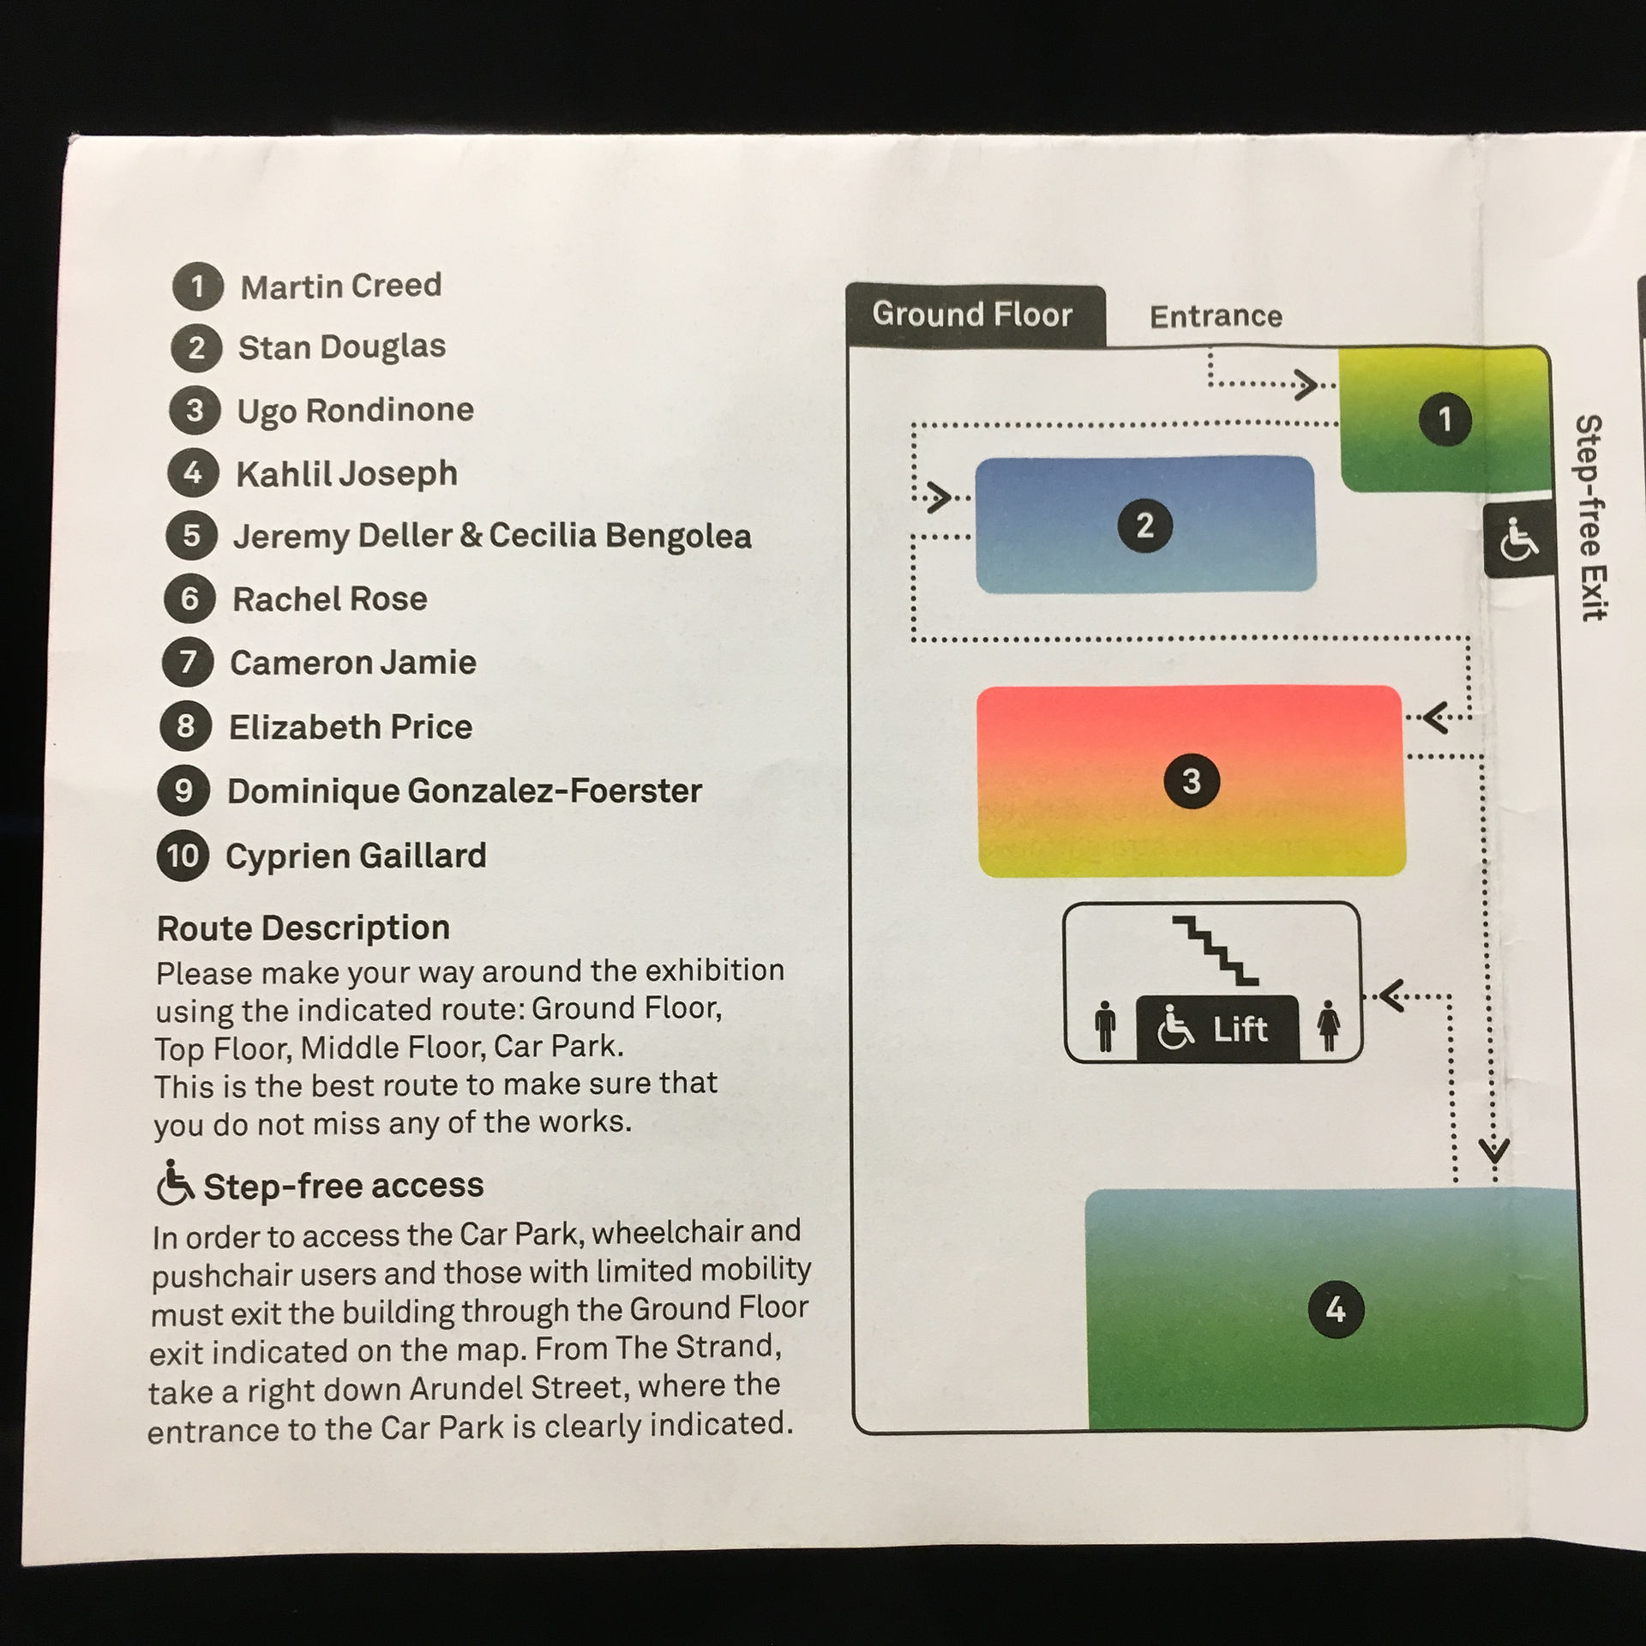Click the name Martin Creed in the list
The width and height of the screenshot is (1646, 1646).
[341, 285]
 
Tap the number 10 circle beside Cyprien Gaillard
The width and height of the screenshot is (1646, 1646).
[183, 856]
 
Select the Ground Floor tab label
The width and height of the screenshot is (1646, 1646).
[972, 315]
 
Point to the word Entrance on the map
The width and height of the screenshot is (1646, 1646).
[1216, 316]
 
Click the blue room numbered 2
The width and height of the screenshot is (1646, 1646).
[1145, 525]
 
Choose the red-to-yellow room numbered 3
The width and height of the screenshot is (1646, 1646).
[1191, 781]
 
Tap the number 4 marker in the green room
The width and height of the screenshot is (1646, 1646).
[1335, 1309]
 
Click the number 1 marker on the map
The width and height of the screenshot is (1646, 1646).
[1445, 419]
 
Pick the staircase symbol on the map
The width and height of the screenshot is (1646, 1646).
[1216, 951]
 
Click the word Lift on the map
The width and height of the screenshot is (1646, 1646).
[1240, 1029]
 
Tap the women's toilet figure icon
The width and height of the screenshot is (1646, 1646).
[1329, 1025]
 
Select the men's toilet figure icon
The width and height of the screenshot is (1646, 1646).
[1106, 1026]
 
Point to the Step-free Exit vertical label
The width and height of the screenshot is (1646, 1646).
[1590, 518]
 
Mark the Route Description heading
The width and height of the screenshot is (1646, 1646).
[303, 928]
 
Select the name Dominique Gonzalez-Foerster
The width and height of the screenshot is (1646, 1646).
[464, 790]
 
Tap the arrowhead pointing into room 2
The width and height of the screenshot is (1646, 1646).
[940, 497]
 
